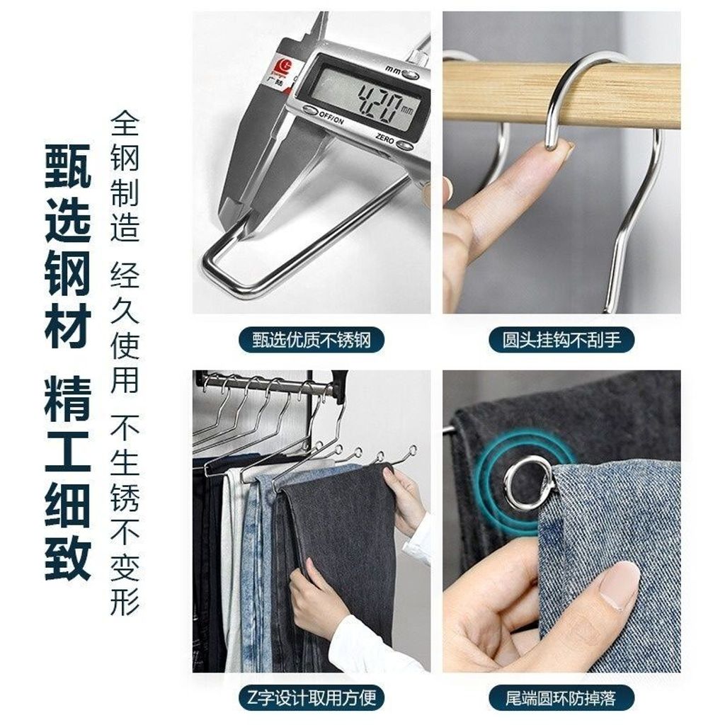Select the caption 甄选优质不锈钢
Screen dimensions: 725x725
[x=312, y=341]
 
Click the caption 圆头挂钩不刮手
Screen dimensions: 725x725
[x=561, y=340]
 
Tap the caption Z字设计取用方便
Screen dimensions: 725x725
[x=312, y=697]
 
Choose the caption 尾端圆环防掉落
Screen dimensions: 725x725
[x=561, y=697]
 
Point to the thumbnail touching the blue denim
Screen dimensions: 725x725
[x=620, y=583]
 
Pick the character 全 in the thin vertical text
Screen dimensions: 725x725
[x=125, y=123]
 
